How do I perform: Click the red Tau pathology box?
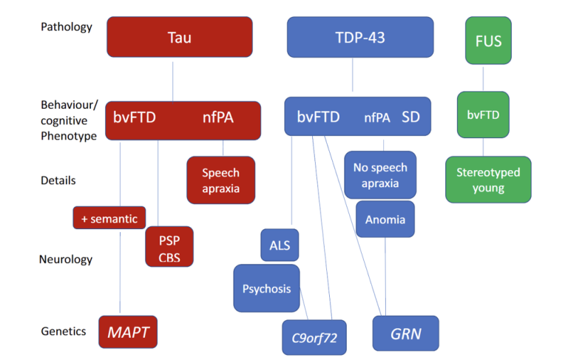click(x=179, y=37)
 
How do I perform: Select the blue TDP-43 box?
click(x=360, y=37)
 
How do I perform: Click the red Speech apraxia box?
click(x=220, y=180)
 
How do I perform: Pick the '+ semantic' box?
click(x=109, y=218)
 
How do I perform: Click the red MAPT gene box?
click(x=128, y=333)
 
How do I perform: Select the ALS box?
click(x=280, y=245)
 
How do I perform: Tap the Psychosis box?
click(x=266, y=288)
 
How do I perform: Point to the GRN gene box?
click(x=405, y=333)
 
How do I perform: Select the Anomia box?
click(x=385, y=220)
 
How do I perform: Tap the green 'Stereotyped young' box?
click(x=487, y=180)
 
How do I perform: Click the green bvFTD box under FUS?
click(x=483, y=115)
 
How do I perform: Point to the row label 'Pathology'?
click(x=67, y=27)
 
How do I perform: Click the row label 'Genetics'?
click(x=64, y=332)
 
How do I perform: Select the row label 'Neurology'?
click(x=66, y=259)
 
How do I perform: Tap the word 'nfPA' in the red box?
click(x=217, y=118)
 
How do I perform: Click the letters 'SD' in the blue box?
click(x=410, y=118)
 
